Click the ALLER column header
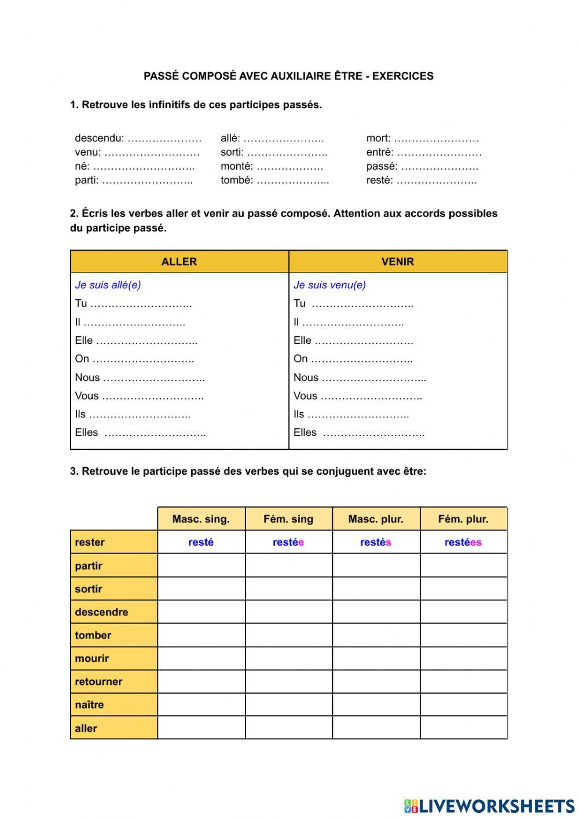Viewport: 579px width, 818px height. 179,262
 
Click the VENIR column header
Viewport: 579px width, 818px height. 398,262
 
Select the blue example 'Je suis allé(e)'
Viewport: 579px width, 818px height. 108,285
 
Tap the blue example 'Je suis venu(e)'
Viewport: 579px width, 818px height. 329,285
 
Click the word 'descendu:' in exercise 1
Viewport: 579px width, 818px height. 99,138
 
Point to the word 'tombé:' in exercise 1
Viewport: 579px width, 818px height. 236,180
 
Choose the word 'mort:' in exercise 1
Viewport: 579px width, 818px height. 378,138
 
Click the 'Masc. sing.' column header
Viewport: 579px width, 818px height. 201,519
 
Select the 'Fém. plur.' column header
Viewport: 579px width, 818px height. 463,519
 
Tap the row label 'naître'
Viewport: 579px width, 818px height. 89,705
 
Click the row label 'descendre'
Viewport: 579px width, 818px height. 101,612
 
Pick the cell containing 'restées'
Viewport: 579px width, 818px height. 463,542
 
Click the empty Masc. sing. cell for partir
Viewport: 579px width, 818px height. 201,566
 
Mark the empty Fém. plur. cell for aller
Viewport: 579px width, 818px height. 463,728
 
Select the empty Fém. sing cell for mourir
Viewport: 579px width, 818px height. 288,658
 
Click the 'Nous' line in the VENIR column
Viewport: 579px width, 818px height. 359,377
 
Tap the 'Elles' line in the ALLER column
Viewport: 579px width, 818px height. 140,432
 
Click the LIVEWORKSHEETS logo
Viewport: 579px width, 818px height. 489,806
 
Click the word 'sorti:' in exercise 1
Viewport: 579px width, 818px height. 232,152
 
